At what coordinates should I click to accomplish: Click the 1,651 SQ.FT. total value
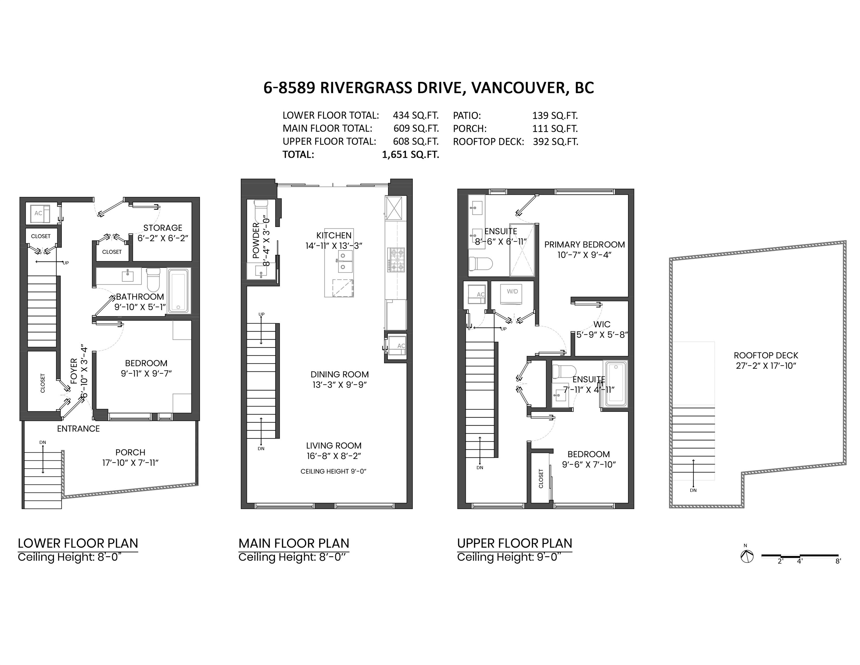click(410, 154)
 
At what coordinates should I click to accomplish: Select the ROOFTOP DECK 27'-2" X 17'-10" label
click(766, 360)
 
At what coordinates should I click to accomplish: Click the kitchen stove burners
click(396, 259)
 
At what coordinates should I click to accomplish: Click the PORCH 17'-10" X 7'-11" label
click(130, 457)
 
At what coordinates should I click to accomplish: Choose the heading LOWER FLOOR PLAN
click(78, 543)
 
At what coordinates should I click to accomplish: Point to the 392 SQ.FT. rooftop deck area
click(555, 141)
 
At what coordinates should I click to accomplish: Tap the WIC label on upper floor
click(602, 324)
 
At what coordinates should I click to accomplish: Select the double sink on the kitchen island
click(343, 261)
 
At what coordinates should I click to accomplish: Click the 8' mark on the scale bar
click(838, 561)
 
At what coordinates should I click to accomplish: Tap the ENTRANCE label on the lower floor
click(78, 429)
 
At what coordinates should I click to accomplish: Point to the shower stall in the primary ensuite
click(522, 250)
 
